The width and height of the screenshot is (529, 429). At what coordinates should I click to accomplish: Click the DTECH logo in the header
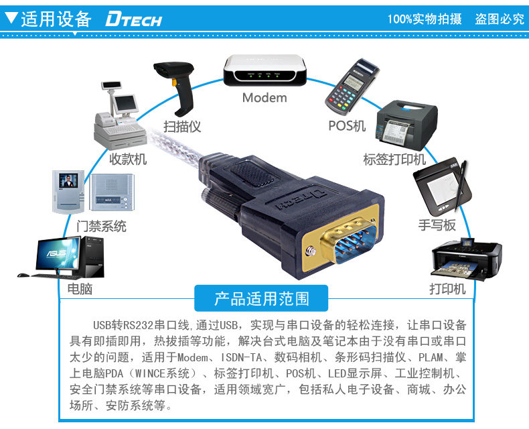[x=134, y=19]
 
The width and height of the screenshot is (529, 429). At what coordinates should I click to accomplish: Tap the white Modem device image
[x=264, y=71]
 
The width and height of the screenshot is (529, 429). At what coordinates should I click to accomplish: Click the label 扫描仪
[x=182, y=126]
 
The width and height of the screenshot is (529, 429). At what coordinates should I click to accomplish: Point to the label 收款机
[x=128, y=160]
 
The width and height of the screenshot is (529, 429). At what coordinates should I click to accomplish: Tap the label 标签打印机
[x=394, y=160]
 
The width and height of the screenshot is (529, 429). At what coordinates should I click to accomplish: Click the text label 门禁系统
[x=101, y=226]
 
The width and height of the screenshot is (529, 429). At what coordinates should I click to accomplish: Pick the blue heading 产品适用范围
[x=262, y=297]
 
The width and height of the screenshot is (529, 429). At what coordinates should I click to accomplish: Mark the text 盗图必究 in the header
[x=500, y=19]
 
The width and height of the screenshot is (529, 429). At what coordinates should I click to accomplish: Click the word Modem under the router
[x=264, y=98]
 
